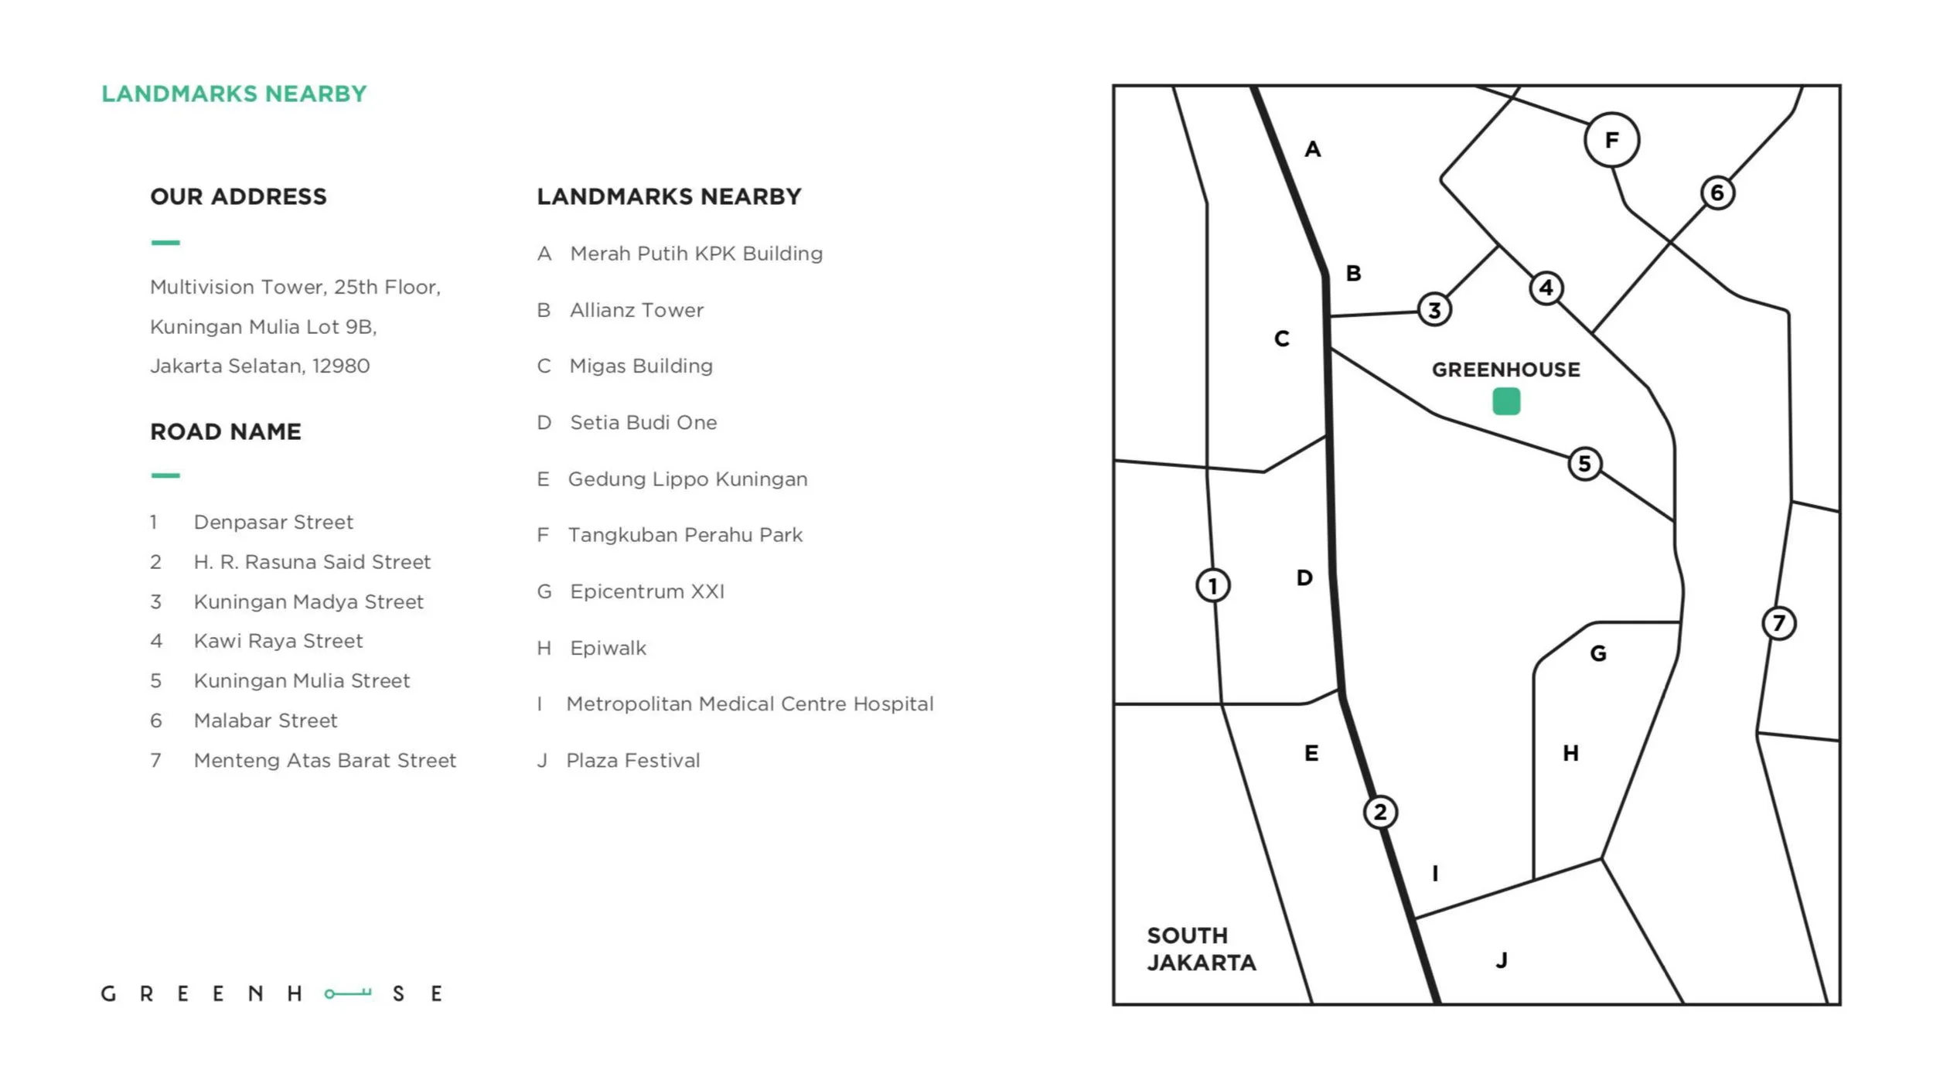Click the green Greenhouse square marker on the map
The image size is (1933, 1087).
point(1505,402)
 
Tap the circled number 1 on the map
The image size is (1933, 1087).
point(1212,585)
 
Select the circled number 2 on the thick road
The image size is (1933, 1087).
point(1380,813)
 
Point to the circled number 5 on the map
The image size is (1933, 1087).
point(1584,464)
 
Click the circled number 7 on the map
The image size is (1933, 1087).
point(1778,623)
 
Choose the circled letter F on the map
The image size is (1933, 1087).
point(1611,140)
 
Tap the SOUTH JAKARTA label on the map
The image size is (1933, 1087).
point(1201,949)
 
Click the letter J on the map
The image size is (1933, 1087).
point(1502,960)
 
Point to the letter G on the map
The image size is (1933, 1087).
point(1598,654)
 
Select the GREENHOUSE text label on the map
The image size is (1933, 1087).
point(1505,370)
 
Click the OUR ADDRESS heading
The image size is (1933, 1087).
point(238,196)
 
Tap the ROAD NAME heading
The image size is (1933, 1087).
point(225,431)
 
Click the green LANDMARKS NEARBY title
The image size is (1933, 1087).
point(234,94)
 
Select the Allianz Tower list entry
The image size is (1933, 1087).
point(636,310)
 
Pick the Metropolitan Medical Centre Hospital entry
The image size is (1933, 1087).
point(749,704)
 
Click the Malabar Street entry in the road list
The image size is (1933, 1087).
point(265,721)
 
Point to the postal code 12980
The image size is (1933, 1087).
point(341,366)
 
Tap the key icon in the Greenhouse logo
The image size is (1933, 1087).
point(348,993)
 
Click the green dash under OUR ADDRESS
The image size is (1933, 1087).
point(165,243)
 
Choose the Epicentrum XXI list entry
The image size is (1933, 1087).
point(647,591)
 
